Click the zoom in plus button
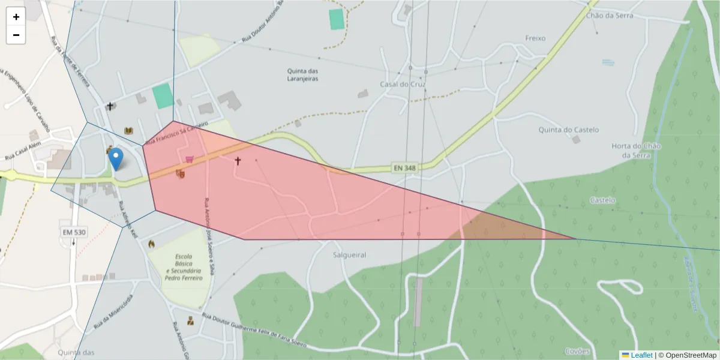click(16, 17)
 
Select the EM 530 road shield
click(74, 232)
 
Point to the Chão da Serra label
click(610, 16)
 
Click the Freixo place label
click(535, 38)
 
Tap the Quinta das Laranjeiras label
click(302, 74)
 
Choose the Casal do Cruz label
click(402, 84)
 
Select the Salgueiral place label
click(349, 254)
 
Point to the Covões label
click(577, 351)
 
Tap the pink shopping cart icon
click(190, 159)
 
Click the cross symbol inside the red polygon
click(238, 161)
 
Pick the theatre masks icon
click(179, 174)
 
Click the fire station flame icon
click(151, 244)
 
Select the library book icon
click(128, 130)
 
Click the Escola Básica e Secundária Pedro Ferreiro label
click(184, 266)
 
